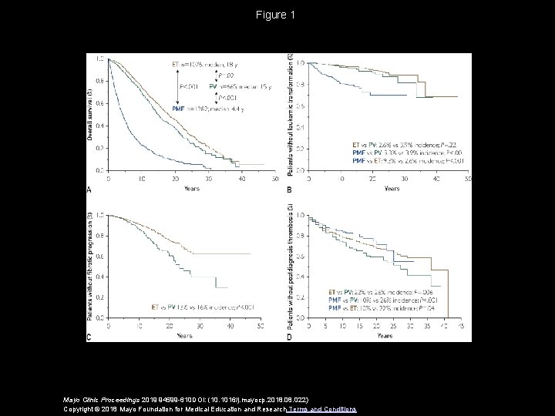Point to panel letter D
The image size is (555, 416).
[x=290, y=337]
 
